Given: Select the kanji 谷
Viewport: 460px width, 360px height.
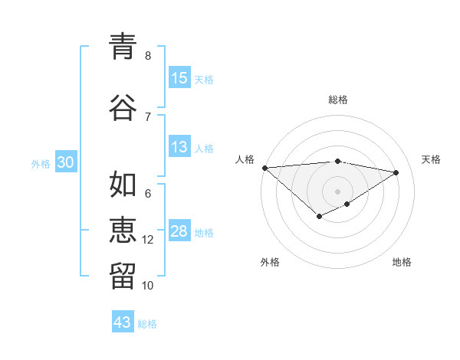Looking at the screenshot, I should [x=123, y=106].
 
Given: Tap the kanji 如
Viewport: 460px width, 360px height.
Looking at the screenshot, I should [x=123, y=184].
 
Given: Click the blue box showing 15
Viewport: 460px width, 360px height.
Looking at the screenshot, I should [x=179, y=78].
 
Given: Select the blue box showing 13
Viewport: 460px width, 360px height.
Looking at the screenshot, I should [x=179, y=148].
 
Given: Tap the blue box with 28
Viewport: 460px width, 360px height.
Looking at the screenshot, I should [x=179, y=232].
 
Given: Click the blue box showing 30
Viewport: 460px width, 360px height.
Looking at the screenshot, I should [x=66, y=162].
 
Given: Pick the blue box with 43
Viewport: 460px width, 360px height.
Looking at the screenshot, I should [x=123, y=322].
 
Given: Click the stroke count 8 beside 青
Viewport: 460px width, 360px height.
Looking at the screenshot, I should [x=148, y=55].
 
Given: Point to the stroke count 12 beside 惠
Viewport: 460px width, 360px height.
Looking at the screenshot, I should [x=149, y=240].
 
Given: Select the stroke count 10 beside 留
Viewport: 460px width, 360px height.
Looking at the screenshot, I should [x=149, y=286].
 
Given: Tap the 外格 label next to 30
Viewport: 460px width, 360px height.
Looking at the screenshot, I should [x=41, y=163].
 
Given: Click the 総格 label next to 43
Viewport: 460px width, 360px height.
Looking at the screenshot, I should [x=147, y=324].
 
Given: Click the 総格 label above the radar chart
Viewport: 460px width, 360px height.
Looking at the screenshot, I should [x=338, y=100].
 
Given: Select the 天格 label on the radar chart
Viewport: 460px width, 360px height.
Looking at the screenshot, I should [x=431, y=159].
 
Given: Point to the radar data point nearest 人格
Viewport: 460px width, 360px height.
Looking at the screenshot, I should [x=264, y=168].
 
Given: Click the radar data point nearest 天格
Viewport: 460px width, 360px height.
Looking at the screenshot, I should [x=396, y=172].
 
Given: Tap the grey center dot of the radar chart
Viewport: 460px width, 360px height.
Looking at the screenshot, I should [x=337, y=191].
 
